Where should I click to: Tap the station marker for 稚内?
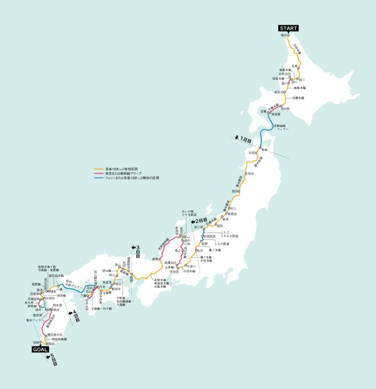tap(289, 36)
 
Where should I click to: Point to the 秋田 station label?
tap(250, 173)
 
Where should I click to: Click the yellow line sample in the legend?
tap(99, 169)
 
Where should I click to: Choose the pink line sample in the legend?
tap(99, 174)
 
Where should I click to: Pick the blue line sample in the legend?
tap(99, 178)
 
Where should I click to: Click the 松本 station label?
tap(201, 250)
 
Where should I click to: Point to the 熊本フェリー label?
tap(32, 319)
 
